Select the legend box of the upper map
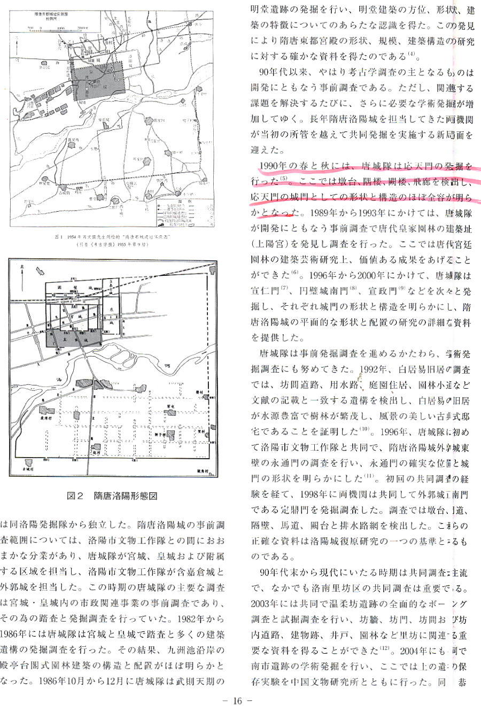(x=181, y=213)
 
